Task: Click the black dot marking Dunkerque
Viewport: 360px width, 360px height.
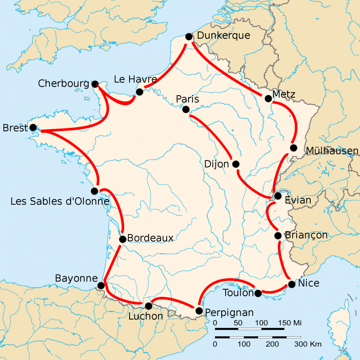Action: point(189,37)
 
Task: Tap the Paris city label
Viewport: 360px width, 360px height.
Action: point(188,99)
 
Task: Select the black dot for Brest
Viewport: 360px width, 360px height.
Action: point(33,127)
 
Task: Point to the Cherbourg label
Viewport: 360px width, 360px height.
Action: point(63,84)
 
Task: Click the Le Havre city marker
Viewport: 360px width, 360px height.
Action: point(139,92)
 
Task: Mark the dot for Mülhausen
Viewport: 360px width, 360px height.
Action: point(293,148)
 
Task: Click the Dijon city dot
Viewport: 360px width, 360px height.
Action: point(236,164)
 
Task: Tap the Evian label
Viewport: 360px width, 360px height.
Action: point(298,201)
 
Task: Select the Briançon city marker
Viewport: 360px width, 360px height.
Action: point(278,235)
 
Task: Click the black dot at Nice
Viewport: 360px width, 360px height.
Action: point(291,284)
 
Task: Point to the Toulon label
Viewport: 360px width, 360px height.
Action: point(239,293)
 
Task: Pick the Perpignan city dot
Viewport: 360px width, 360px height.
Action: point(199,311)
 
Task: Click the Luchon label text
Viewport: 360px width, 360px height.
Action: point(145,316)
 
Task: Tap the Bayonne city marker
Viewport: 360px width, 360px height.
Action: point(101,285)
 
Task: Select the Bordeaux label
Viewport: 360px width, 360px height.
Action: point(150,238)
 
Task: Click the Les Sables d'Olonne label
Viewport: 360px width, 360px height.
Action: point(60,201)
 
